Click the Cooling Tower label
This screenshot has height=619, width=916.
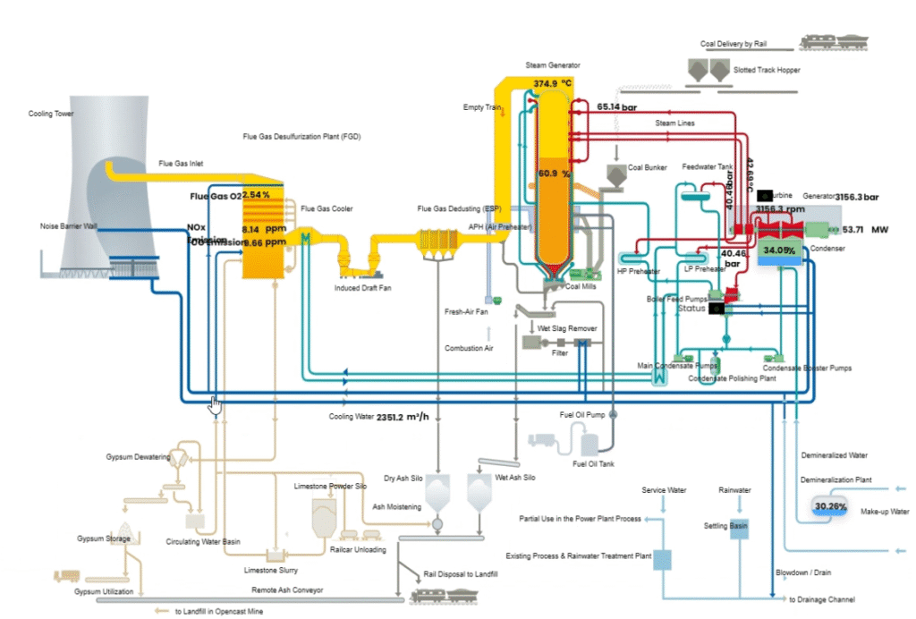click(51, 114)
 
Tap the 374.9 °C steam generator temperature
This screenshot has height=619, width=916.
click(552, 83)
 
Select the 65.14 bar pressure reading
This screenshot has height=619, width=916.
click(616, 106)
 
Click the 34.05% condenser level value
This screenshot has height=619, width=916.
click(779, 250)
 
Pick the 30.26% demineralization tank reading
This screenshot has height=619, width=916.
click(830, 506)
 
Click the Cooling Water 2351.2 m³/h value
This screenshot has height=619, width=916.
click(403, 417)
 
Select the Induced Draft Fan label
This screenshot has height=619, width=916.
click(362, 288)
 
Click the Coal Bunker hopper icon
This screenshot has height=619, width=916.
click(616, 176)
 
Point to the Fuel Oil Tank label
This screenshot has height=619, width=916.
click(593, 463)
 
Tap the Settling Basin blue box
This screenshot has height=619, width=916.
click(738, 528)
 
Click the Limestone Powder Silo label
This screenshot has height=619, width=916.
click(330, 486)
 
